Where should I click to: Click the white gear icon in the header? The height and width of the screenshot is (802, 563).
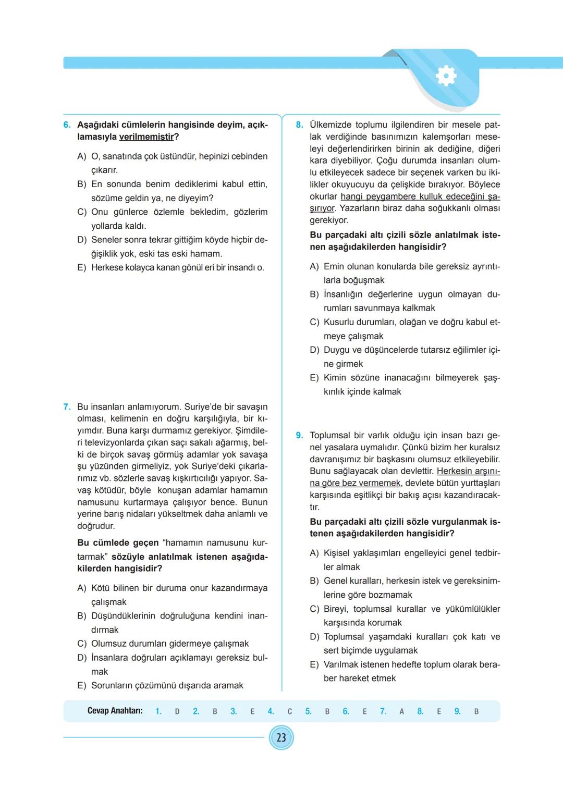point(446,76)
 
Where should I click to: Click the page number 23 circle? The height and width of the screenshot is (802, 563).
point(281,738)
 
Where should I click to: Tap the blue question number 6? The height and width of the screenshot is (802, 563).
point(67,125)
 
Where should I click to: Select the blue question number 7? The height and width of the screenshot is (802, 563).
point(67,407)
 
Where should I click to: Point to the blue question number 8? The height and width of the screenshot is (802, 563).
point(299,125)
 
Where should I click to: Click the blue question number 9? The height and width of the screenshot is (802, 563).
point(299,436)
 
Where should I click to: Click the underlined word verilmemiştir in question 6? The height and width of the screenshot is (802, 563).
point(146,137)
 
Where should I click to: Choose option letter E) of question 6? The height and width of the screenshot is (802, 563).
point(82,268)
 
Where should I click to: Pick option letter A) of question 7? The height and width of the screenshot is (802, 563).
point(82,588)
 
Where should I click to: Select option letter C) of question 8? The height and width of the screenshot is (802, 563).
point(314,323)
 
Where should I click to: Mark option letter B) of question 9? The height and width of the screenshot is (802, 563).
point(314,581)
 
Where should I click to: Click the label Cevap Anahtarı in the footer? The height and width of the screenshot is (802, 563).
point(115,711)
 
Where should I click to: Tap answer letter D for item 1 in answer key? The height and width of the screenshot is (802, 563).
point(177,711)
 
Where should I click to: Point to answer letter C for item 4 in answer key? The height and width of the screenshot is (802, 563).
point(290,711)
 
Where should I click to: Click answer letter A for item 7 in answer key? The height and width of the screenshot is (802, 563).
point(401,711)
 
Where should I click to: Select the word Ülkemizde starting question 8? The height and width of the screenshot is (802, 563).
point(331,125)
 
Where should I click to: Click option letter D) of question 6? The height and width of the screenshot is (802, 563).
point(82,240)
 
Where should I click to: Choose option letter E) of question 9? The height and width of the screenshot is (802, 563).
point(314,665)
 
